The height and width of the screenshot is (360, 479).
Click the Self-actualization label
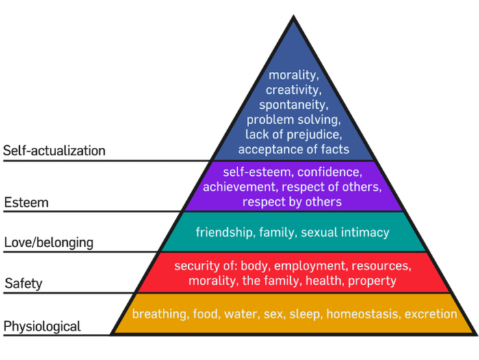54,151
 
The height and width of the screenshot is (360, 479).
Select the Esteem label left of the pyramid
26,203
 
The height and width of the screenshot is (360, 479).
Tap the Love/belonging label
49,243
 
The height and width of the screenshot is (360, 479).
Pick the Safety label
23,283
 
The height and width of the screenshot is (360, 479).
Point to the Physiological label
42,326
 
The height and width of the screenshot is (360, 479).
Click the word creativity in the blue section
294,90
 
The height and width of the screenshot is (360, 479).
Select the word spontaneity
294,105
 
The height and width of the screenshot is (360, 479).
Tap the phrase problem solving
294,120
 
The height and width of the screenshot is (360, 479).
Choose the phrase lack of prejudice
294,134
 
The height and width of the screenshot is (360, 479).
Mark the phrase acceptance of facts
294,149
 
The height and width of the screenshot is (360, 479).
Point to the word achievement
240,187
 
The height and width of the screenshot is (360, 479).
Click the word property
372,281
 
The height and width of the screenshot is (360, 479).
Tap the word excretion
430,314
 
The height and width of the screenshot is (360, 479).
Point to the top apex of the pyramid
294,15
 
